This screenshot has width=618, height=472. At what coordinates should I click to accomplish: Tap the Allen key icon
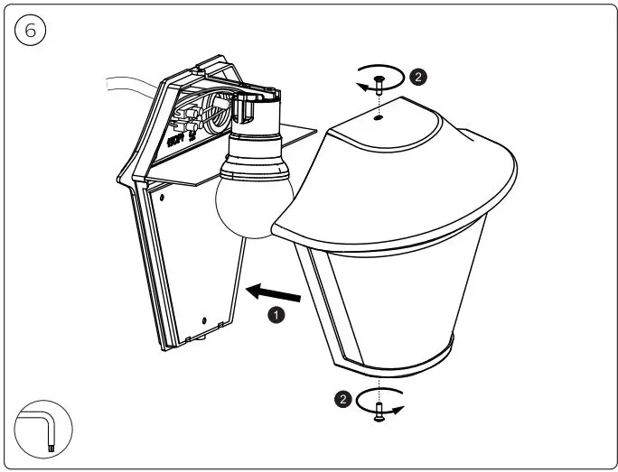coord(43,429)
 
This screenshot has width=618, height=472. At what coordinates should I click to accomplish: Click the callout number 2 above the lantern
coord(417,77)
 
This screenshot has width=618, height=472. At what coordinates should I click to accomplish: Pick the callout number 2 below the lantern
coord(341,396)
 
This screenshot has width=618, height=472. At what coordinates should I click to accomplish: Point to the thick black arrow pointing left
coord(276,292)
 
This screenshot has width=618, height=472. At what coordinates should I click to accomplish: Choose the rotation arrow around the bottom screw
coord(379,400)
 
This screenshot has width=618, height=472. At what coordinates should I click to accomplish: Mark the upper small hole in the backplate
coord(160,192)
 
